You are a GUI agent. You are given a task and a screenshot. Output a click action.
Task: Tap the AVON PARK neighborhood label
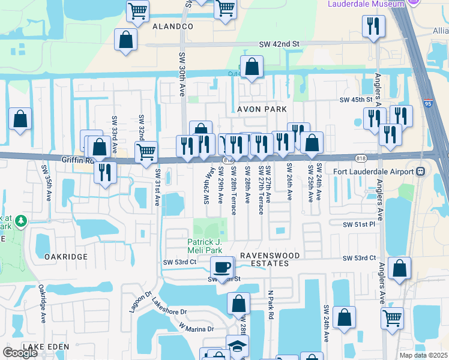[262, 109]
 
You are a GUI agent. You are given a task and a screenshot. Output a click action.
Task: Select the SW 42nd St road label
[279, 44]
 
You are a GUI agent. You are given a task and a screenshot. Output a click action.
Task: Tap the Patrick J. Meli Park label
[205, 245]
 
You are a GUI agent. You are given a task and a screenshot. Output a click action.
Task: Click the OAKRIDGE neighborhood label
[66, 256]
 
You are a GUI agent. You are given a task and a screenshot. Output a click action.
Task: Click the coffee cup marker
[222, 266]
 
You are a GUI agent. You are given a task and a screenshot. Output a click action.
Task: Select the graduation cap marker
[237, 347]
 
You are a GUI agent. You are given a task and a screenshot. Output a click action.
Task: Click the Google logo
[20, 353]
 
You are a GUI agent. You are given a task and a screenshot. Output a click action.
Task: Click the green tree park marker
[21, 221]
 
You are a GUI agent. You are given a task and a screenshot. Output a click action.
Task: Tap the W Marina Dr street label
[196, 328]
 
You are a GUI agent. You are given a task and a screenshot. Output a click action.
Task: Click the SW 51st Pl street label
[358, 224]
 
